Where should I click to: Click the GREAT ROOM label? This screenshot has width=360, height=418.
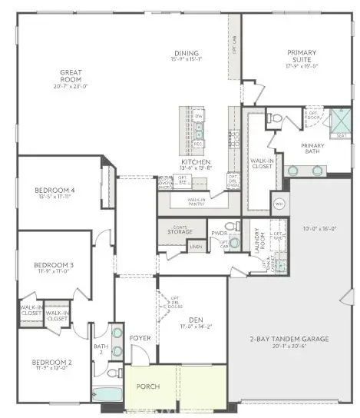point(71,76)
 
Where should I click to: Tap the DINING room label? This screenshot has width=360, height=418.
point(187,54)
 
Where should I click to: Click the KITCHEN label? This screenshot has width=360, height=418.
point(190,162)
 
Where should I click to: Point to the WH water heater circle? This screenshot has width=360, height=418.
point(279,204)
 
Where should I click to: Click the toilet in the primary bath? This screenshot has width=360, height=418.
point(274,118)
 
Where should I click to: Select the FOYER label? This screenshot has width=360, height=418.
point(140,336)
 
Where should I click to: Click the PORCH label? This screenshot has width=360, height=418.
point(147,386)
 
